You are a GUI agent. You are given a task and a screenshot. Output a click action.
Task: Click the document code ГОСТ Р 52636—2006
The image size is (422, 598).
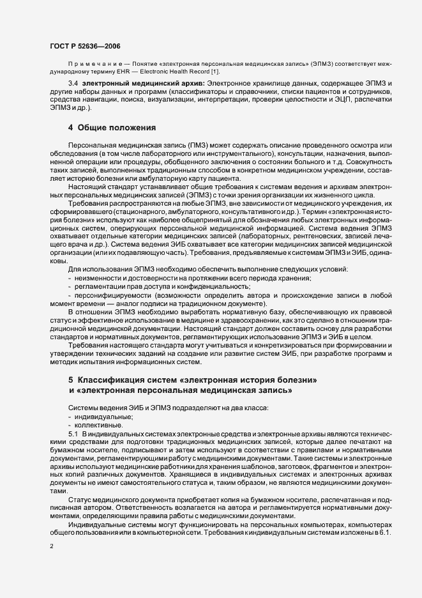(x=84, y=46)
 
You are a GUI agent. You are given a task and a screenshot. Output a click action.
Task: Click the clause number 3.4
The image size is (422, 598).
(x=72, y=84)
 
